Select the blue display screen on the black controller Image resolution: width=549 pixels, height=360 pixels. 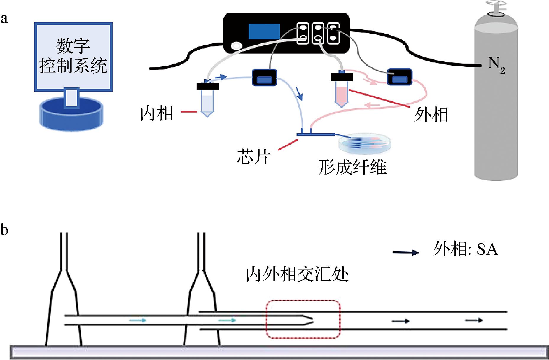264,32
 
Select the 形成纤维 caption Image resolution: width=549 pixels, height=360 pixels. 352,168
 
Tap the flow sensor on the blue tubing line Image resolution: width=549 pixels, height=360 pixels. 264,78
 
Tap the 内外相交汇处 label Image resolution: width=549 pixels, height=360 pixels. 297,274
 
